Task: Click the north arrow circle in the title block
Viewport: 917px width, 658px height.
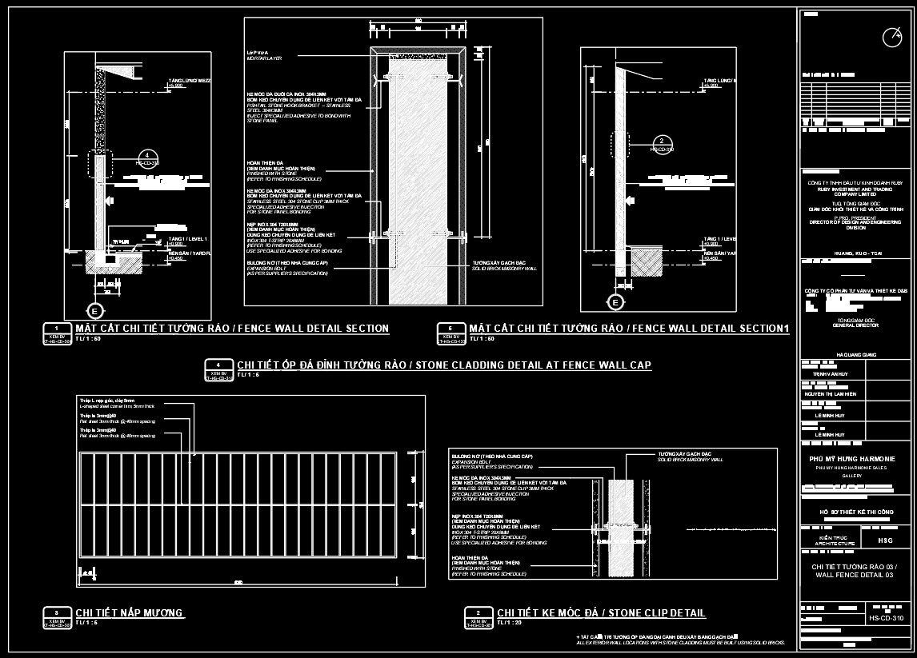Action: click(891, 37)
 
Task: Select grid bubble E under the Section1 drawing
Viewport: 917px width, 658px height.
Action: click(615, 302)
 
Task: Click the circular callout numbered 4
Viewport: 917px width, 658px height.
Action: click(146, 156)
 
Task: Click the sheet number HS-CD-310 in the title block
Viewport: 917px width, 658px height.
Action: click(886, 618)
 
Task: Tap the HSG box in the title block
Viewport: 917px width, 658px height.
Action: click(885, 541)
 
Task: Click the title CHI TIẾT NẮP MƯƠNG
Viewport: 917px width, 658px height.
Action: click(130, 613)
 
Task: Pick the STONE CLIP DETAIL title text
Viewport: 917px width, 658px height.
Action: click(601, 613)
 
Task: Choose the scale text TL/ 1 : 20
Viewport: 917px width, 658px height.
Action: click(509, 623)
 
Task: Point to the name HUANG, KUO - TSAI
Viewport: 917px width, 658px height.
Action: click(855, 252)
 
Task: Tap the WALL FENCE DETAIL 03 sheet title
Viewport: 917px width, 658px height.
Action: click(855, 576)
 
